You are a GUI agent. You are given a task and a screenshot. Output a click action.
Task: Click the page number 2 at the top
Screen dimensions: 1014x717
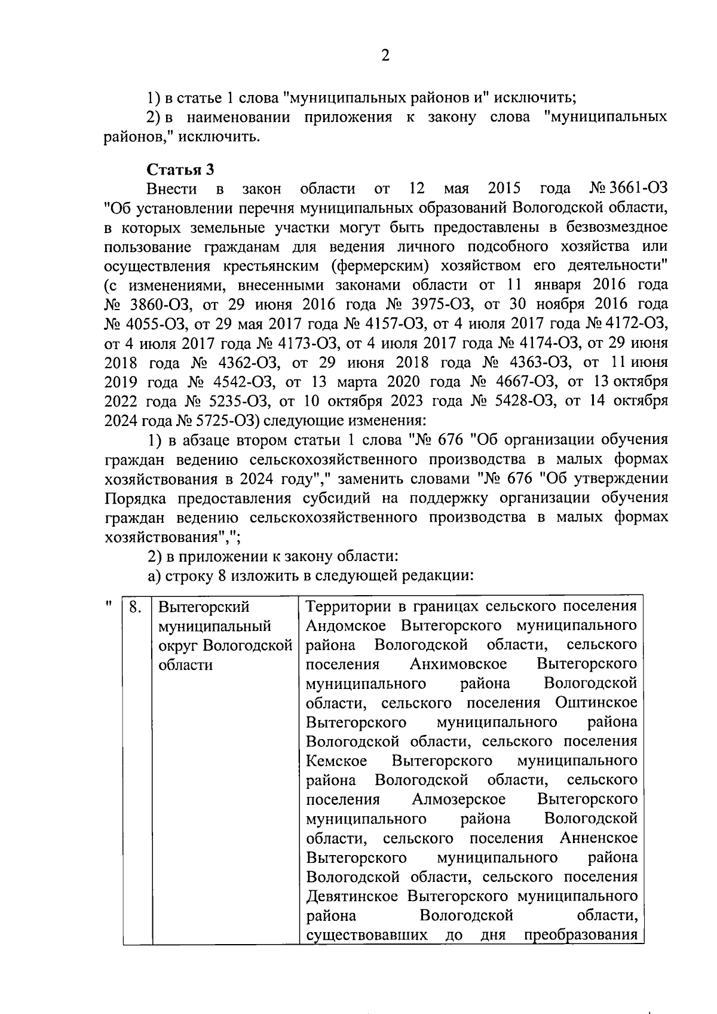pyautogui.click(x=385, y=56)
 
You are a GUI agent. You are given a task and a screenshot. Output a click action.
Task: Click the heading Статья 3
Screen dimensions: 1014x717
pyautogui.click(x=180, y=170)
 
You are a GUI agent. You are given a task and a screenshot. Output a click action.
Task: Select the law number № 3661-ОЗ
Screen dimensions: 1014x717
pyautogui.click(x=628, y=189)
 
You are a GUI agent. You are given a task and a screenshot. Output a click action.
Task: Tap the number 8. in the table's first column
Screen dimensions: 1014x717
pyautogui.click(x=136, y=607)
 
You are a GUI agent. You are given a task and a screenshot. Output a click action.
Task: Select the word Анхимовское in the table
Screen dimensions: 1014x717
pyautogui.click(x=458, y=664)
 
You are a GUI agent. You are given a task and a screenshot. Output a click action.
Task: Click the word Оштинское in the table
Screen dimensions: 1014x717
pyautogui.click(x=596, y=703)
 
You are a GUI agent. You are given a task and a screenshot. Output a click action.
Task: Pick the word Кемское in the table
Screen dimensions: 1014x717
pyautogui.click(x=336, y=761)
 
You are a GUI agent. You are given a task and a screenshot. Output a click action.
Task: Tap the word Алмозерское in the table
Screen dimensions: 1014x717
pyautogui.click(x=458, y=799)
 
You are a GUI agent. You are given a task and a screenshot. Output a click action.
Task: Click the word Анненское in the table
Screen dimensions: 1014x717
pyautogui.click(x=599, y=838)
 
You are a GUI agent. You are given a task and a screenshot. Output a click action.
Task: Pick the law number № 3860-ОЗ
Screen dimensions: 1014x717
pyautogui.click(x=148, y=305)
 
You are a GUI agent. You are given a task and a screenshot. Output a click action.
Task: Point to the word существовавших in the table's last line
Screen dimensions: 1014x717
pyautogui.click(x=366, y=935)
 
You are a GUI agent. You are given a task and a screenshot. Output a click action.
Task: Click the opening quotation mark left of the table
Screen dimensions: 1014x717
pyautogui.click(x=109, y=605)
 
